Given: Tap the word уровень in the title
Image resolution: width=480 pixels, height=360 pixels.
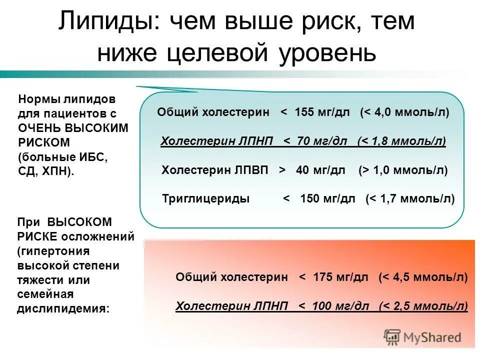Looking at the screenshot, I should coord(325,52).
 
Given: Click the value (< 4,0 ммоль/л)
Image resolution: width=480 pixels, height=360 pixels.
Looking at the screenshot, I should coord(404,112).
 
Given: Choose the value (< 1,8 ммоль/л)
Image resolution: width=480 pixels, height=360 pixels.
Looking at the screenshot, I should coord(401,141).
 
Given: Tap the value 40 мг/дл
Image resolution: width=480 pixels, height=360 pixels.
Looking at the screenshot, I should coord(320,170).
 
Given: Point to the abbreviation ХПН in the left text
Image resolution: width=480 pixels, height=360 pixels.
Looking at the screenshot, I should coord(59,171).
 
